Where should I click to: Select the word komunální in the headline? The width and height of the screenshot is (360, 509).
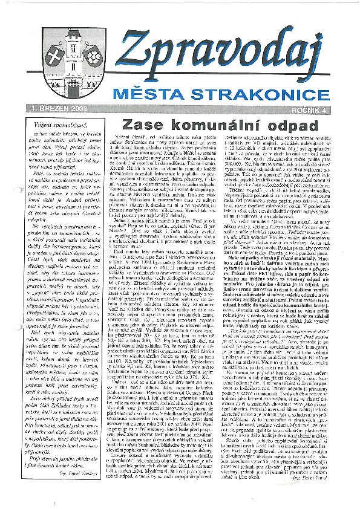click(x=212, y=126)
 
